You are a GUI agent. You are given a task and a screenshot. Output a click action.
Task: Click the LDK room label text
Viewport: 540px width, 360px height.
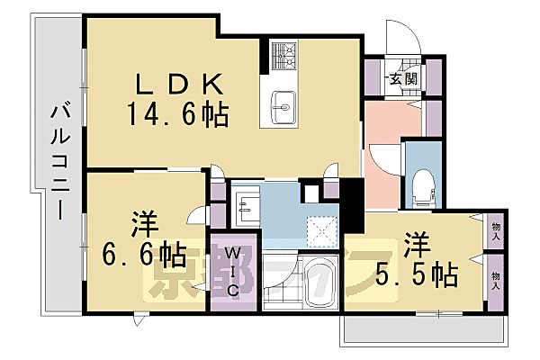(178, 84)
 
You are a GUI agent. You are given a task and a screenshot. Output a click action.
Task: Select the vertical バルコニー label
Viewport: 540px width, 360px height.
(59, 163)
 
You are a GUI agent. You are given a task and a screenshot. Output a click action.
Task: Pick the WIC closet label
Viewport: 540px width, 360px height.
(230, 271)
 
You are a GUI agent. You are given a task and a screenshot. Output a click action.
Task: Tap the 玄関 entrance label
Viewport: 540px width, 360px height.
(400, 80)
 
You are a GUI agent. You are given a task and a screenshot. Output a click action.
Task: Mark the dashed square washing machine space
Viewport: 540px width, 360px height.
(320, 230)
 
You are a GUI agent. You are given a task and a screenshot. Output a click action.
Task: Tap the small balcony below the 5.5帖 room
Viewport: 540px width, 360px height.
(418, 331)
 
